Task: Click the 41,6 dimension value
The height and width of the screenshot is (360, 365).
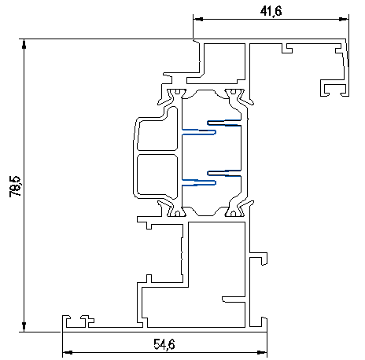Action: (x=271, y=11)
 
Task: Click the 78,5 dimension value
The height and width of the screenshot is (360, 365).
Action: (x=15, y=186)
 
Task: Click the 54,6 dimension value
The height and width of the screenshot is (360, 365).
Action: (x=164, y=344)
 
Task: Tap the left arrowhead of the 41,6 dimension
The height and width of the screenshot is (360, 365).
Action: (x=198, y=19)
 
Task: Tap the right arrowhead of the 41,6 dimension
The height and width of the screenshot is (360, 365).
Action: (x=344, y=19)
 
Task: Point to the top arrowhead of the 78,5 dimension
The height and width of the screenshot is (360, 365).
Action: (x=24, y=44)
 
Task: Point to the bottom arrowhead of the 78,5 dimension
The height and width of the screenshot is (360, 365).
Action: (x=24, y=327)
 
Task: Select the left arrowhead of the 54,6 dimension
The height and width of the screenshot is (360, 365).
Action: (x=68, y=353)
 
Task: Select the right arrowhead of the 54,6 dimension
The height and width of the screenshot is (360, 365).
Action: (x=262, y=353)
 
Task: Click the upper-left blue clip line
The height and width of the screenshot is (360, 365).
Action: (x=199, y=132)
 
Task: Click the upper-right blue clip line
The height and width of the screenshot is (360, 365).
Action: (x=224, y=123)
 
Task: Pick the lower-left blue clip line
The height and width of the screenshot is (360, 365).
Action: (x=199, y=182)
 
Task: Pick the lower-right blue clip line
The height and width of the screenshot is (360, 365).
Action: (x=224, y=173)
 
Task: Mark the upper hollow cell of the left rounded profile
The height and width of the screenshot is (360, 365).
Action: (x=157, y=135)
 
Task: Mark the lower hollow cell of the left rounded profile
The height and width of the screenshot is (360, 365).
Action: (x=157, y=175)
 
